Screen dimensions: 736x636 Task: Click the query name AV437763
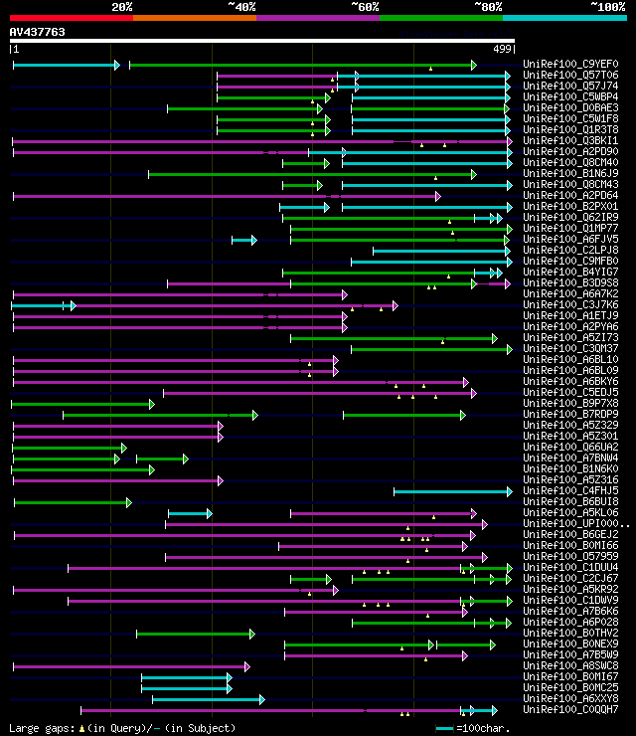pyautogui.click(x=38, y=32)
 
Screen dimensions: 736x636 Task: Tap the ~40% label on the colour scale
pyautogui.click(x=241, y=7)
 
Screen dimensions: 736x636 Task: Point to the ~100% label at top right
pyautogui.click(x=607, y=7)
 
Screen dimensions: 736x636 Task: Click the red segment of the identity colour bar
pyautogui.click(x=71, y=17)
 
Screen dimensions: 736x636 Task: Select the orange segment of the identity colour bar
pyautogui.click(x=194, y=17)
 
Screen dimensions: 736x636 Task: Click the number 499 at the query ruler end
pyautogui.click(x=503, y=49)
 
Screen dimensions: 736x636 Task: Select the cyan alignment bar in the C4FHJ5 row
pyautogui.click(x=452, y=491)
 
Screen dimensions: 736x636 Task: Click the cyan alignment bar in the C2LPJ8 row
pyautogui.click(x=441, y=251)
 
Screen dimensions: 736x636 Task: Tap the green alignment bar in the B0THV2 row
pyautogui.click(x=195, y=634)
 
